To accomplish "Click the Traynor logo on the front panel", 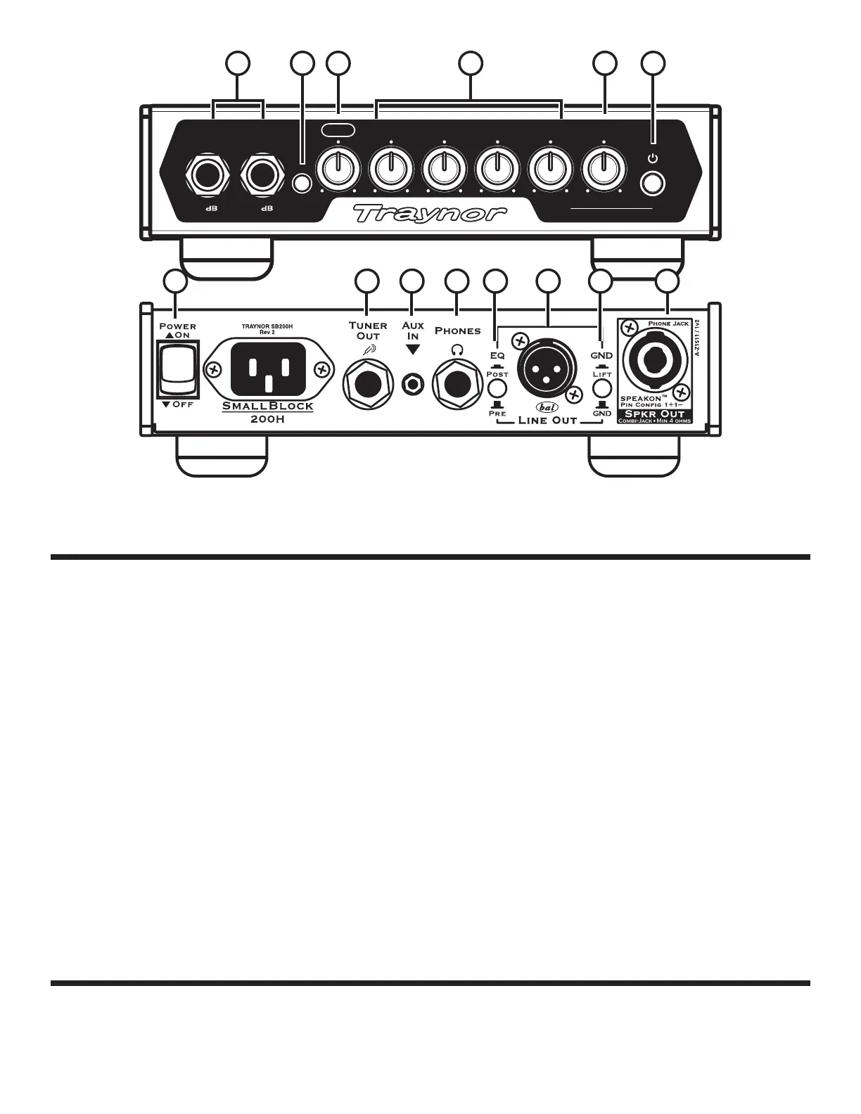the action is (x=429, y=213).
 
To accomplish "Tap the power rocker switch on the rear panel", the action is (x=177, y=370).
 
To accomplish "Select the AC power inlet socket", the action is (x=268, y=370).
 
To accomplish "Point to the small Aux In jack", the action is (x=412, y=385).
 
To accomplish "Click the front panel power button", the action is (x=653, y=183).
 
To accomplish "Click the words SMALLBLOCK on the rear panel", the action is (x=268, y=406).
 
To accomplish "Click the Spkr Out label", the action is (x=655, y=414).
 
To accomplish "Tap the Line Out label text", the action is (x=547, y=421).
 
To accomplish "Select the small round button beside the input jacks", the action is (x=302, y=183).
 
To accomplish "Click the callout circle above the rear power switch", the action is (x=175, y=281).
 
